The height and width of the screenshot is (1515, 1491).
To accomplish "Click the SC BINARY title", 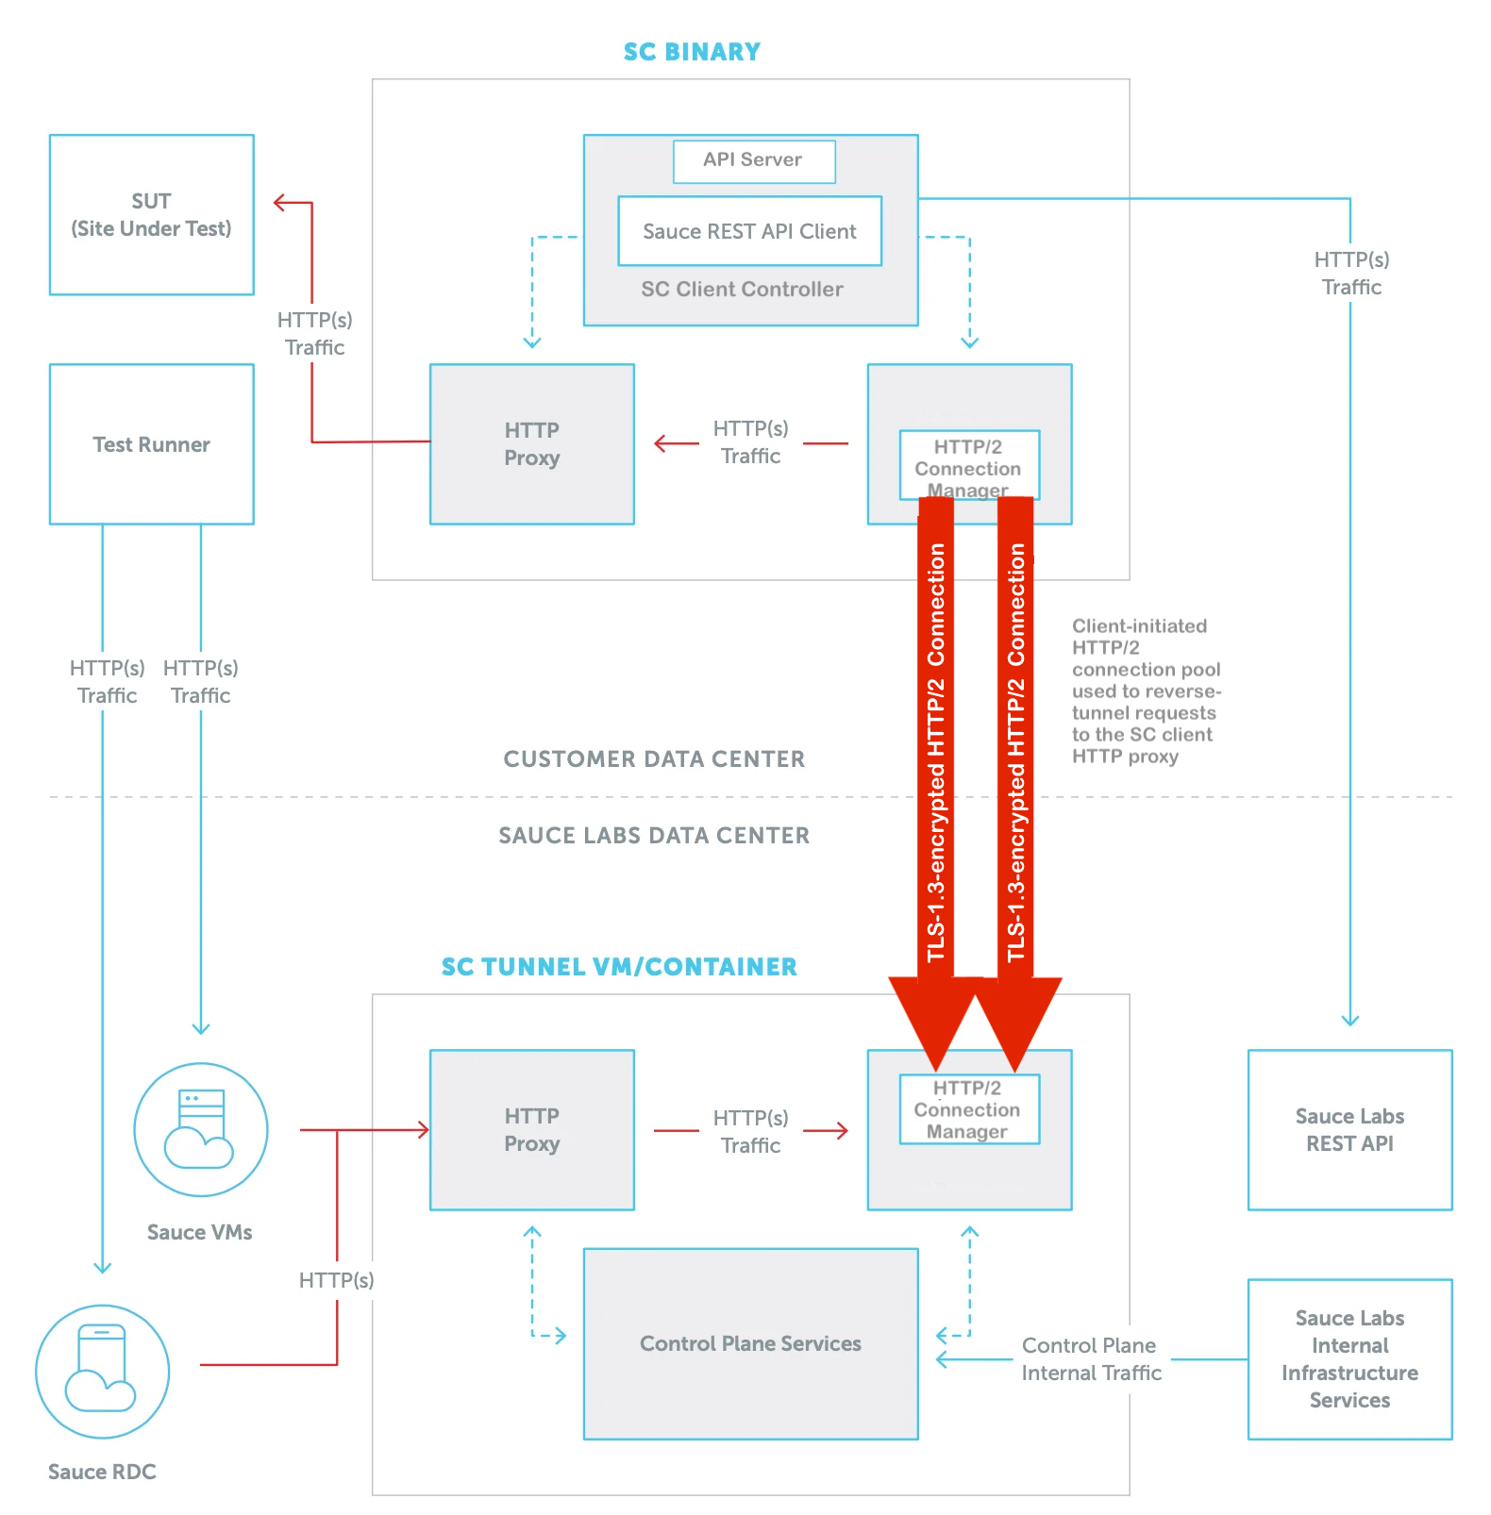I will click(692, 52).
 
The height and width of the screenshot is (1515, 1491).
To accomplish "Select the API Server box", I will click(753, 160).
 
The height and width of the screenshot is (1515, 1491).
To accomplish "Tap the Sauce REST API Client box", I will click(749, 231).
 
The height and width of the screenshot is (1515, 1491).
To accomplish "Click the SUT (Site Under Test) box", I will click(151, 215).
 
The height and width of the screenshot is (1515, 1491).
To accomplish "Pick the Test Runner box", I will click(151, 444).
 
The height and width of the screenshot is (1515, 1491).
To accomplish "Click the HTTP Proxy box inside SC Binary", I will click(531, 444).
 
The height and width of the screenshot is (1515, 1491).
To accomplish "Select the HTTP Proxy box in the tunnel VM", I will click(531, 1130).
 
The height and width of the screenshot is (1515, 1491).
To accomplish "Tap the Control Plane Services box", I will click(750, 1343).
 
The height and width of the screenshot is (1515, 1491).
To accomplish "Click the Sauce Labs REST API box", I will click(1349, 1130).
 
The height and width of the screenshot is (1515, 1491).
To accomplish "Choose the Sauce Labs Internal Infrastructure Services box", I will click(1349, 1358).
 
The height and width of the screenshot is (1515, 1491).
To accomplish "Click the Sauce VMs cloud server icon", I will click(200, 1129).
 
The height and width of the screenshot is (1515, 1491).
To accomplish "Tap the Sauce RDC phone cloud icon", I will click(102, 1371).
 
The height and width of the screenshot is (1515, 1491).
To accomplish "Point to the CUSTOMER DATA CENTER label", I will click(654, 759).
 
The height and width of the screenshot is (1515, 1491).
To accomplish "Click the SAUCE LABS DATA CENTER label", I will click(654, 836).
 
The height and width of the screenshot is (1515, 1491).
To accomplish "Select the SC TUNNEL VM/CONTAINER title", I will click(619, 967).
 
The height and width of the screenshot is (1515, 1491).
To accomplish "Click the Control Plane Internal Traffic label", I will click(1091, 1359).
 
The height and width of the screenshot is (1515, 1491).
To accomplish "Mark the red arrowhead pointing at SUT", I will click(280, 203).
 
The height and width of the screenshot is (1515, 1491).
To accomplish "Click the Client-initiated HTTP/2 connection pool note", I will click(1145, 691).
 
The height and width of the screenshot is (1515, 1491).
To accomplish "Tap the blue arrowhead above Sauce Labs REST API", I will click(1349, 1021).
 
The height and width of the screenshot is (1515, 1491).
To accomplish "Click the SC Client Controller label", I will click(742, 290).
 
